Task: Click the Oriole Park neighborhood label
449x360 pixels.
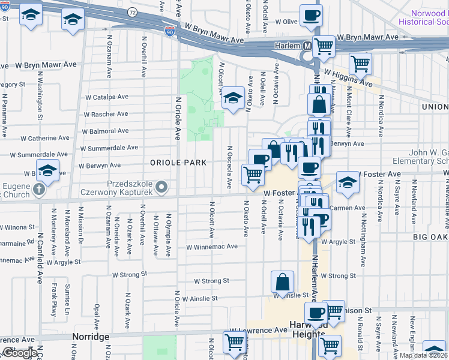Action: click(x=178, y=163)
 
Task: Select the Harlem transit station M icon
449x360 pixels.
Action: click(x=307, y=46)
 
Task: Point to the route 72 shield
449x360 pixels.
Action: click(x=132, y=12)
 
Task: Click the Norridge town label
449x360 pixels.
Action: click(x=91, y=337)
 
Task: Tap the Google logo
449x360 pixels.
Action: click(x=20, y=353)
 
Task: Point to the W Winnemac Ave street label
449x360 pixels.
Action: click(x=216, y=247)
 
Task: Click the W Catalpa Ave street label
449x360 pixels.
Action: click(x=107, y=97)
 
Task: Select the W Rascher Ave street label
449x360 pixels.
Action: click(x=106, y=114)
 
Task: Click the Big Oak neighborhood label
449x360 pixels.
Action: click(x=430, y=237)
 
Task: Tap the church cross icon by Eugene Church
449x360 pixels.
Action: click(x=38, y=190)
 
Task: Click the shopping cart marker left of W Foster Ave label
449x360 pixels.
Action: click(x=253, y=175)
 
